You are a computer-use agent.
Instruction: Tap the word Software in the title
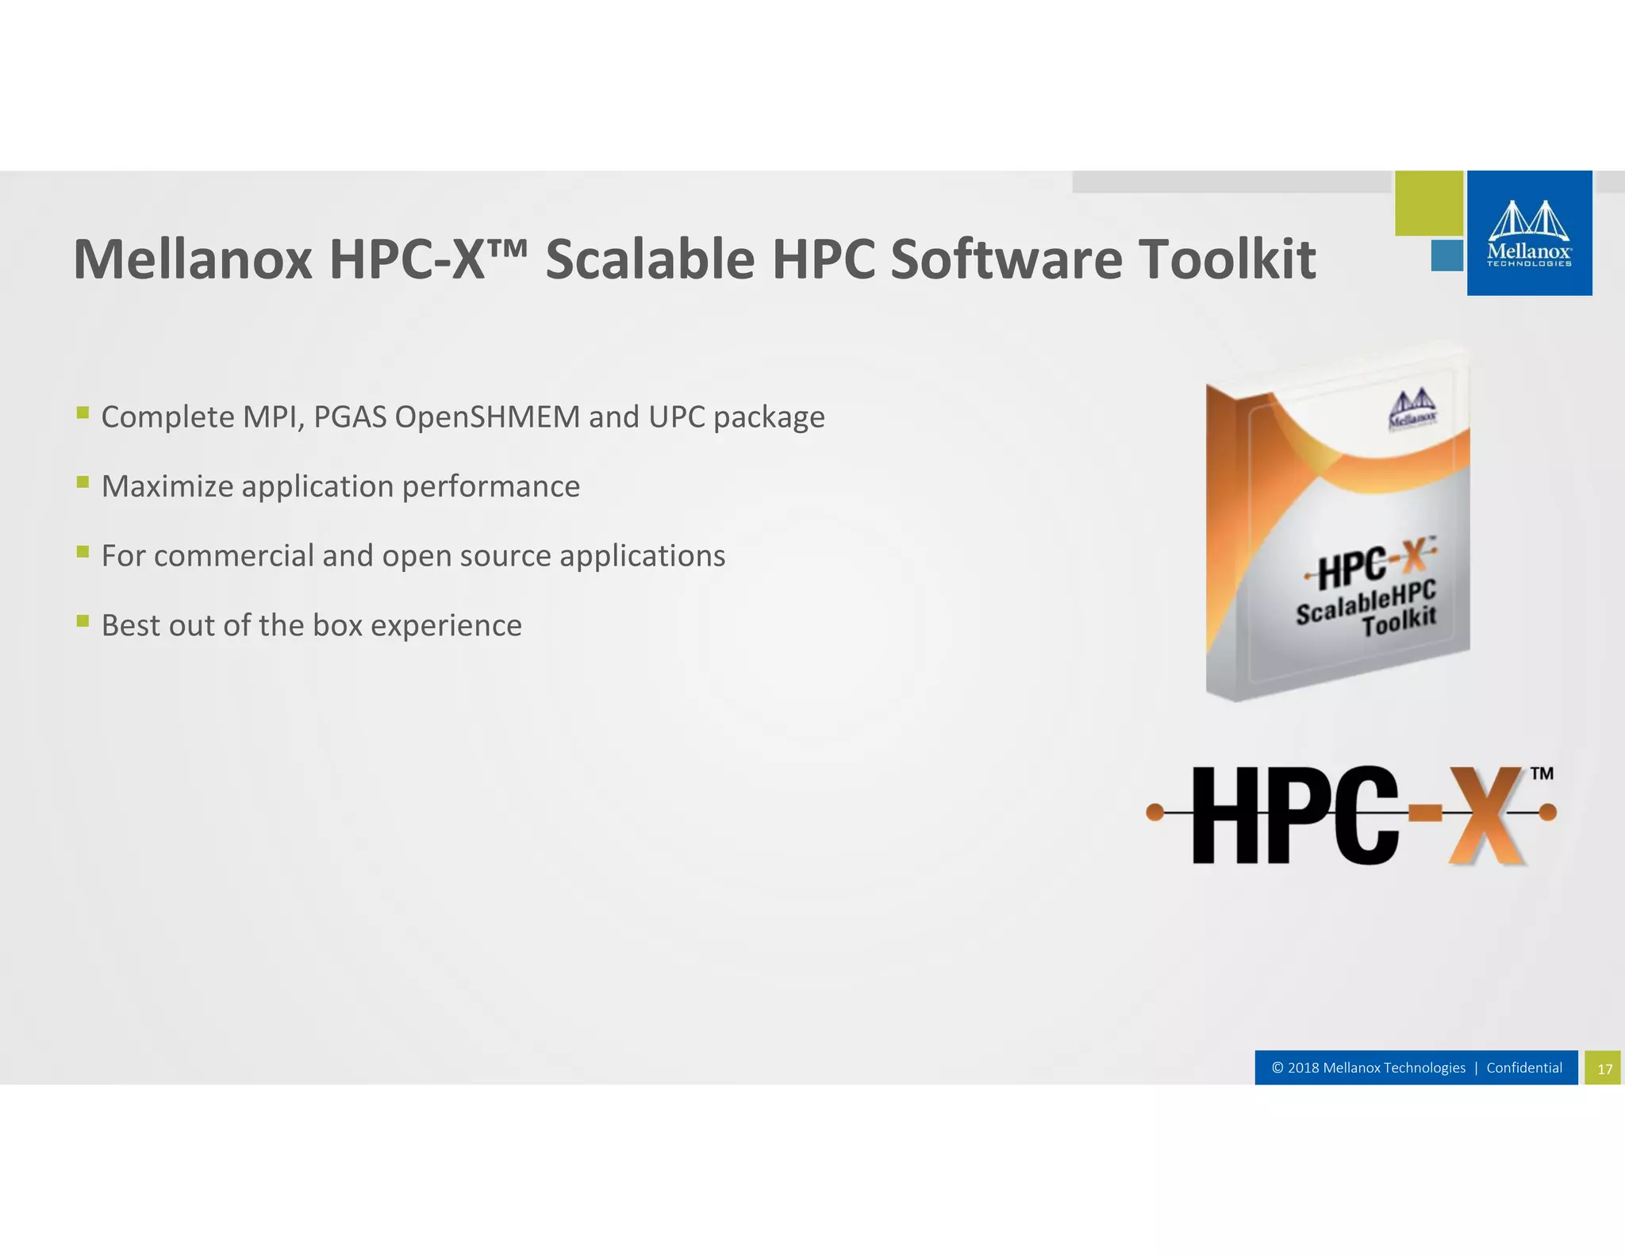tap(1006, 259)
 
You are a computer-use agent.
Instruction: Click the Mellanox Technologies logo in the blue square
tap(1529, 233)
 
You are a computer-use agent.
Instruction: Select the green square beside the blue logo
tap(1429, 203)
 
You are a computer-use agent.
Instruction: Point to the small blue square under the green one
tap(1446, 255)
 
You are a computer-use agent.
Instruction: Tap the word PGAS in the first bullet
tap(350, 417)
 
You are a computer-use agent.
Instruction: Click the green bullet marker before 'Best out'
tap(83, 620)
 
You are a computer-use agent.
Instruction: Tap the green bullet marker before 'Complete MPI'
tap(83, 412)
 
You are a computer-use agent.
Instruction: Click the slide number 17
tap(1604, 1069)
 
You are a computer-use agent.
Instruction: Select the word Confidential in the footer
tap(1523, 1068)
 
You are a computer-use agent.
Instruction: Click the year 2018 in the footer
tap(1304, 1068)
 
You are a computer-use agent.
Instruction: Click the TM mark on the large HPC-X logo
tap(1541, 773)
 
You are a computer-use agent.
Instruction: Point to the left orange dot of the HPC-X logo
tap(1155, 812)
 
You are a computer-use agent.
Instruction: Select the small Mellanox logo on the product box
tap(1412, 409)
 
